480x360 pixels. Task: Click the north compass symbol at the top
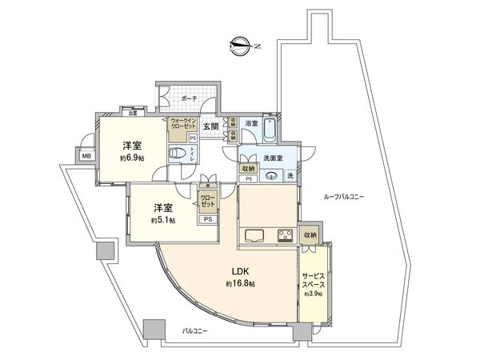coord(238,45)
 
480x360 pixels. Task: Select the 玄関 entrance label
coord(210,126)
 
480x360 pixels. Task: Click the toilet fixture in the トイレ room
coord(180,153)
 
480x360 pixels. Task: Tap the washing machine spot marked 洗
coord(290,174)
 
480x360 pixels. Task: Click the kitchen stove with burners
coord(285,234)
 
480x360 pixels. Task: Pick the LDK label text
coord(239,270)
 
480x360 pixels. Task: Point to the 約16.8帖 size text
coord(239,283)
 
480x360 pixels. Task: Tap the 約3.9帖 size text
coord(313,294)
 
